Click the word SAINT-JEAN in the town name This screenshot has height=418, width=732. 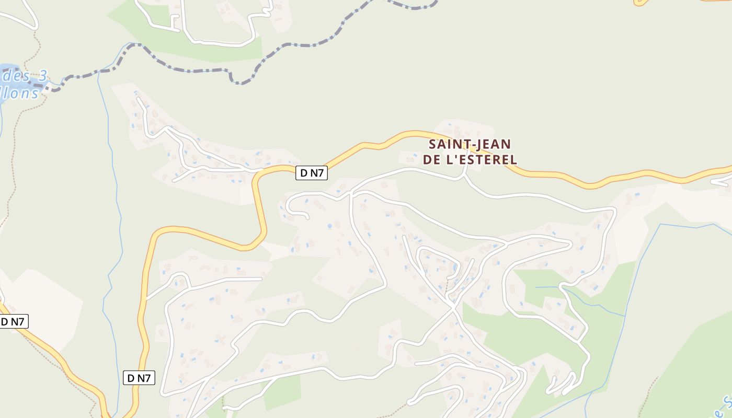point(470,144)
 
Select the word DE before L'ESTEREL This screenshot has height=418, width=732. point(431,160)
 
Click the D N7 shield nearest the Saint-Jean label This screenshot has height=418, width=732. point(312,173)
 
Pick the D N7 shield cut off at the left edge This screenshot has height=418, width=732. point(13,322)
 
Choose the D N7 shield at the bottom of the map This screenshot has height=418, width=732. point(139,378)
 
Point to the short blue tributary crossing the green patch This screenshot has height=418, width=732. point(580,298)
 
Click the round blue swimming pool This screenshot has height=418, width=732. point(329,226)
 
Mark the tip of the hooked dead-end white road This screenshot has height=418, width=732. point(307,217)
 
